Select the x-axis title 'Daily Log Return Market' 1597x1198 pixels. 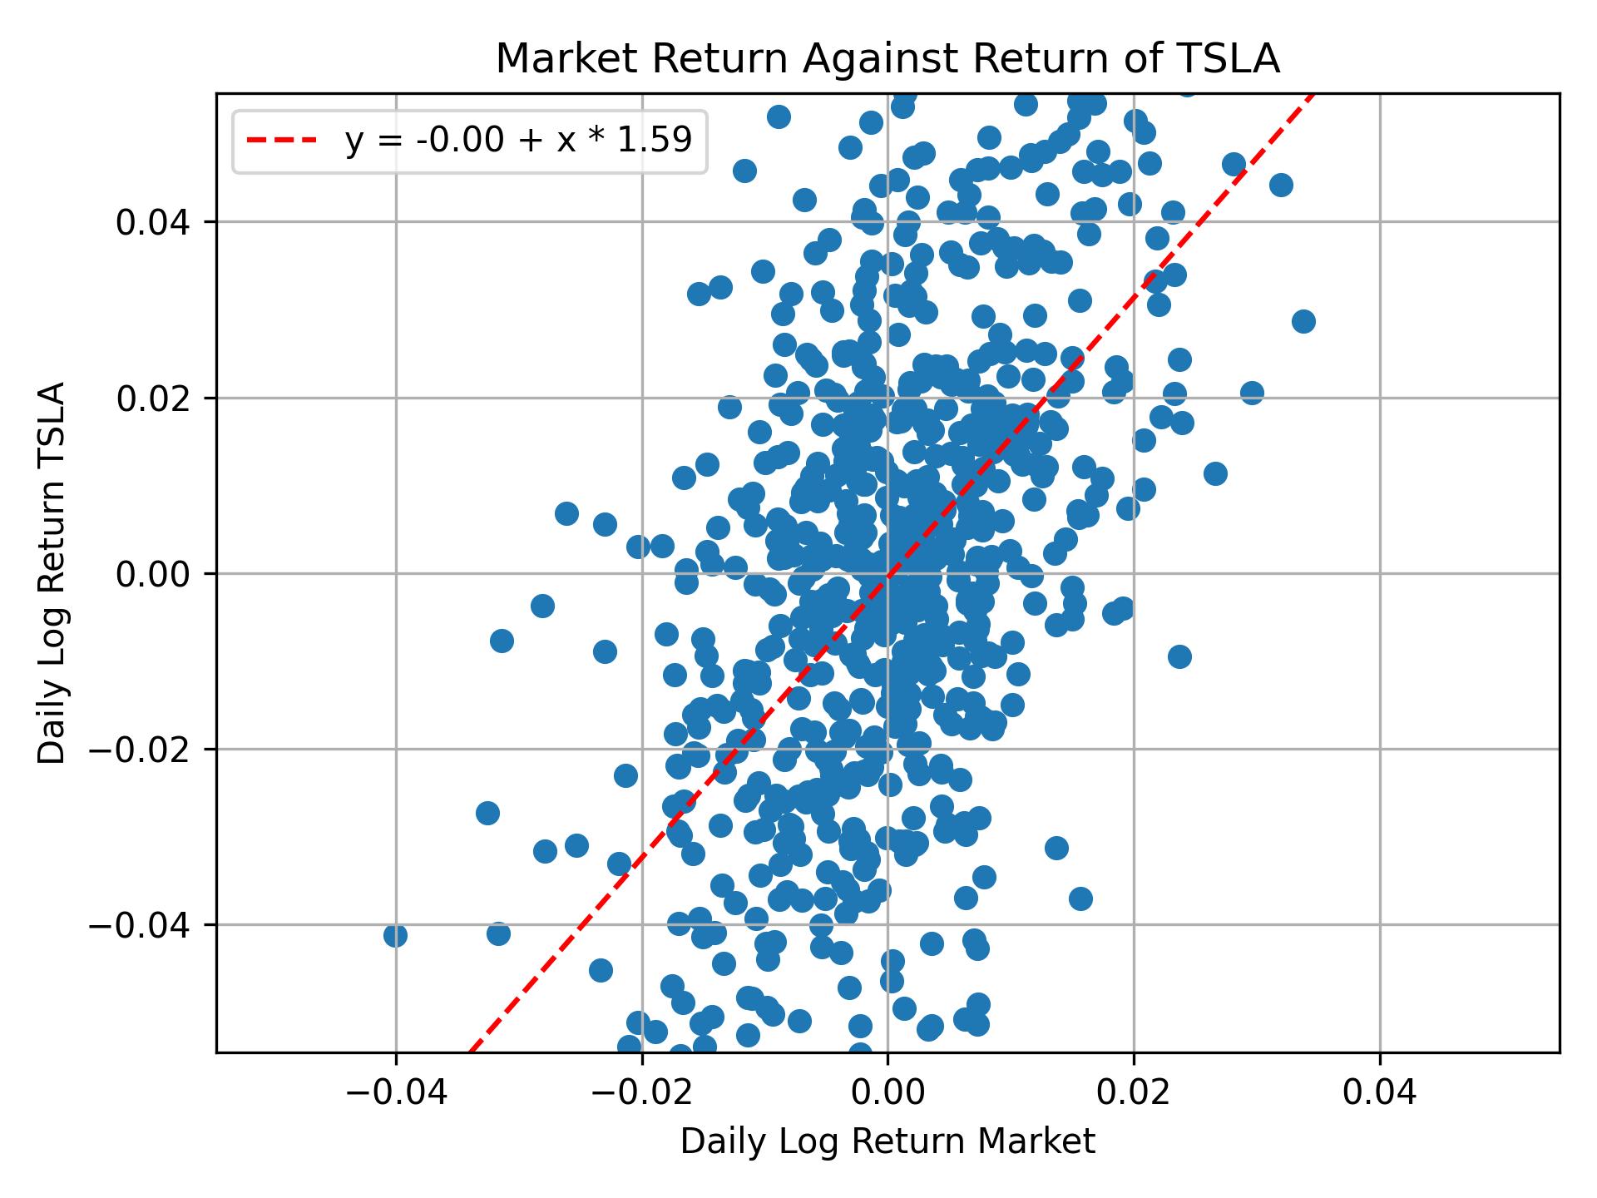(x=887, y=1141)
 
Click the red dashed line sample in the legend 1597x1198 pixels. (x=282, y=141)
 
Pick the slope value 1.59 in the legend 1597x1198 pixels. (x=664, y=141)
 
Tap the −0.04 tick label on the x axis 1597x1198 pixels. (x=395, y=1092)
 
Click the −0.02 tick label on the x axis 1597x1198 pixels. (x=641, y=1092)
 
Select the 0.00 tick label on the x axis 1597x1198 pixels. (x=887, y=1092)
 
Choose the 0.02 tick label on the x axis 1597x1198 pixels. (x=1134, y=1092)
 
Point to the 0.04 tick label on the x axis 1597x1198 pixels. (x=1380, y=1092)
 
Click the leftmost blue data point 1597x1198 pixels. (x=395, y=935)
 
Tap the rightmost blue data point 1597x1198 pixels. (x=1303, y=321)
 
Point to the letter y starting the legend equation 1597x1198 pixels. (x=354, y=142)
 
